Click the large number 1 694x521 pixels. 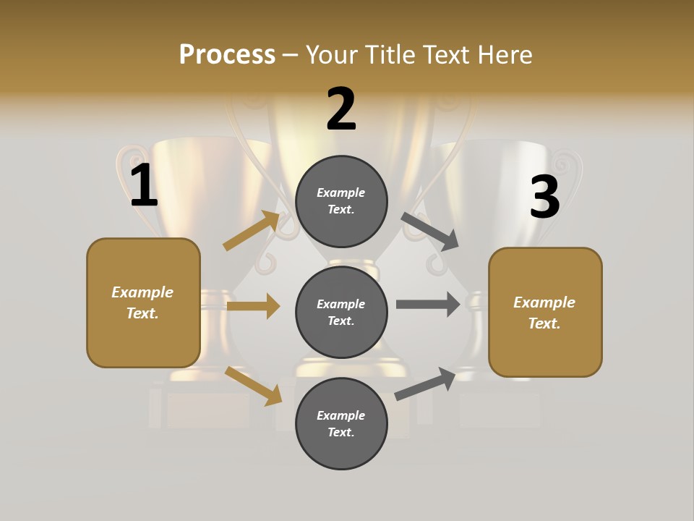[x=144, y=186]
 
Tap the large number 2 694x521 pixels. [x=341, y=109]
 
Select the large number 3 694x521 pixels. [x=544, y=198]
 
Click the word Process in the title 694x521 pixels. [x=227, y=54]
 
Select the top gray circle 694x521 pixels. [x=341, y=201]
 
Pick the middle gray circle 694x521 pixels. [x=341, y=312]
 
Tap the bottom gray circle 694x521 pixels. [x=341, y=423]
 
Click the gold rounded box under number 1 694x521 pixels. [x=143, y=302]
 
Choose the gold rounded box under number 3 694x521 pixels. [x=545, y=313]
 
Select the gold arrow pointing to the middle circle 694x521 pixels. [x=253, y=306]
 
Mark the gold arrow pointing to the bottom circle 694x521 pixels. [x=254, y=386]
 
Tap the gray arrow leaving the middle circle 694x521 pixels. [x=428, y=304]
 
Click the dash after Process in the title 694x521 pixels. [x=291, y=55]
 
